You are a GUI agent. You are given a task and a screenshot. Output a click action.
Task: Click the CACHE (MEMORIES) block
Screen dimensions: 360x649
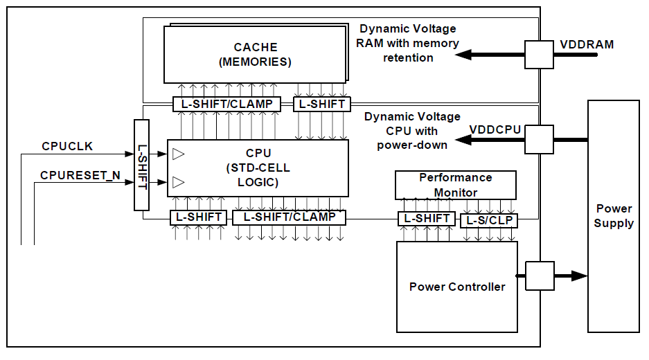tap(255, 55)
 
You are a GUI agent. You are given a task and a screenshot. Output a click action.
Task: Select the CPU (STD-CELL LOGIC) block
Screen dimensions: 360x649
tap(258, 168)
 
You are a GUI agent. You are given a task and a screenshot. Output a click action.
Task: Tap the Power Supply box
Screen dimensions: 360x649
tap(614, 216)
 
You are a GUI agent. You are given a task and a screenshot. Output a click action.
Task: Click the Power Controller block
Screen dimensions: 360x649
tap(457, 287)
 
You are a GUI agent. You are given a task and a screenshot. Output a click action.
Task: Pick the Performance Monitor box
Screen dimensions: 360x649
tap(456, 185)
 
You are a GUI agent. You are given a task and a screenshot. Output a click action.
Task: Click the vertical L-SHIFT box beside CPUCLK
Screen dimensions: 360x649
tap(141, 164)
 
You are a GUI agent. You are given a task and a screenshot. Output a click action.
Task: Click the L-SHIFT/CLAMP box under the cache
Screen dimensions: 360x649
tap(226, 104)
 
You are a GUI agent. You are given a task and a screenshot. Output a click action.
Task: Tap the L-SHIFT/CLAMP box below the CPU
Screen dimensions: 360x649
tap(289, 217)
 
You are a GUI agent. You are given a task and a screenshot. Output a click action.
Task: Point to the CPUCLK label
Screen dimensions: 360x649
tap(67, 147)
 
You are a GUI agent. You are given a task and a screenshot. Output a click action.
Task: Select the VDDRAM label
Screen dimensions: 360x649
tap(587, 45)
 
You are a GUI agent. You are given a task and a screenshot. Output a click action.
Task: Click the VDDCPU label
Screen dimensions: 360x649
tap(495, 129)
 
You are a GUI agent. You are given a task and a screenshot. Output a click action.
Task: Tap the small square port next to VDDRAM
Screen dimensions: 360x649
tap(539, 54)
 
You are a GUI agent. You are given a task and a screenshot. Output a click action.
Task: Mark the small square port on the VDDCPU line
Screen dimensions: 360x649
tap(539, 139)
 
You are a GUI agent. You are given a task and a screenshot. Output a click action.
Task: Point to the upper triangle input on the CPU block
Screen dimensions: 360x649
tap(179, 154)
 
